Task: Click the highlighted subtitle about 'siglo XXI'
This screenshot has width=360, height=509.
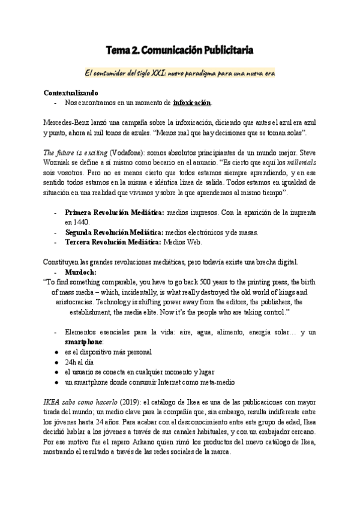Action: tap(180, 73)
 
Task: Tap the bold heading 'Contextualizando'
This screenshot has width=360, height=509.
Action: tap(71, 93)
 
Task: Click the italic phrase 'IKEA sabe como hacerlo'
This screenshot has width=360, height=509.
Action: tap(79, 401)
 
